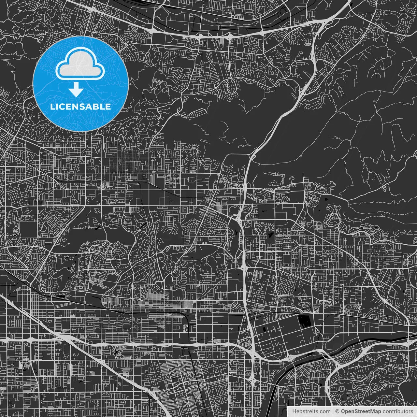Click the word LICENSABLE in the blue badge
[80, 107]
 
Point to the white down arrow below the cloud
[76, 90]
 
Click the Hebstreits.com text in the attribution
[311, 411]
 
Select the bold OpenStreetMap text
[361, 411]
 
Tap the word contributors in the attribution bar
[397, 411]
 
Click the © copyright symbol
[338, 411]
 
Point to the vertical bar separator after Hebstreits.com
[333, 411]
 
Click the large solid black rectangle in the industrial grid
[305, 321]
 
